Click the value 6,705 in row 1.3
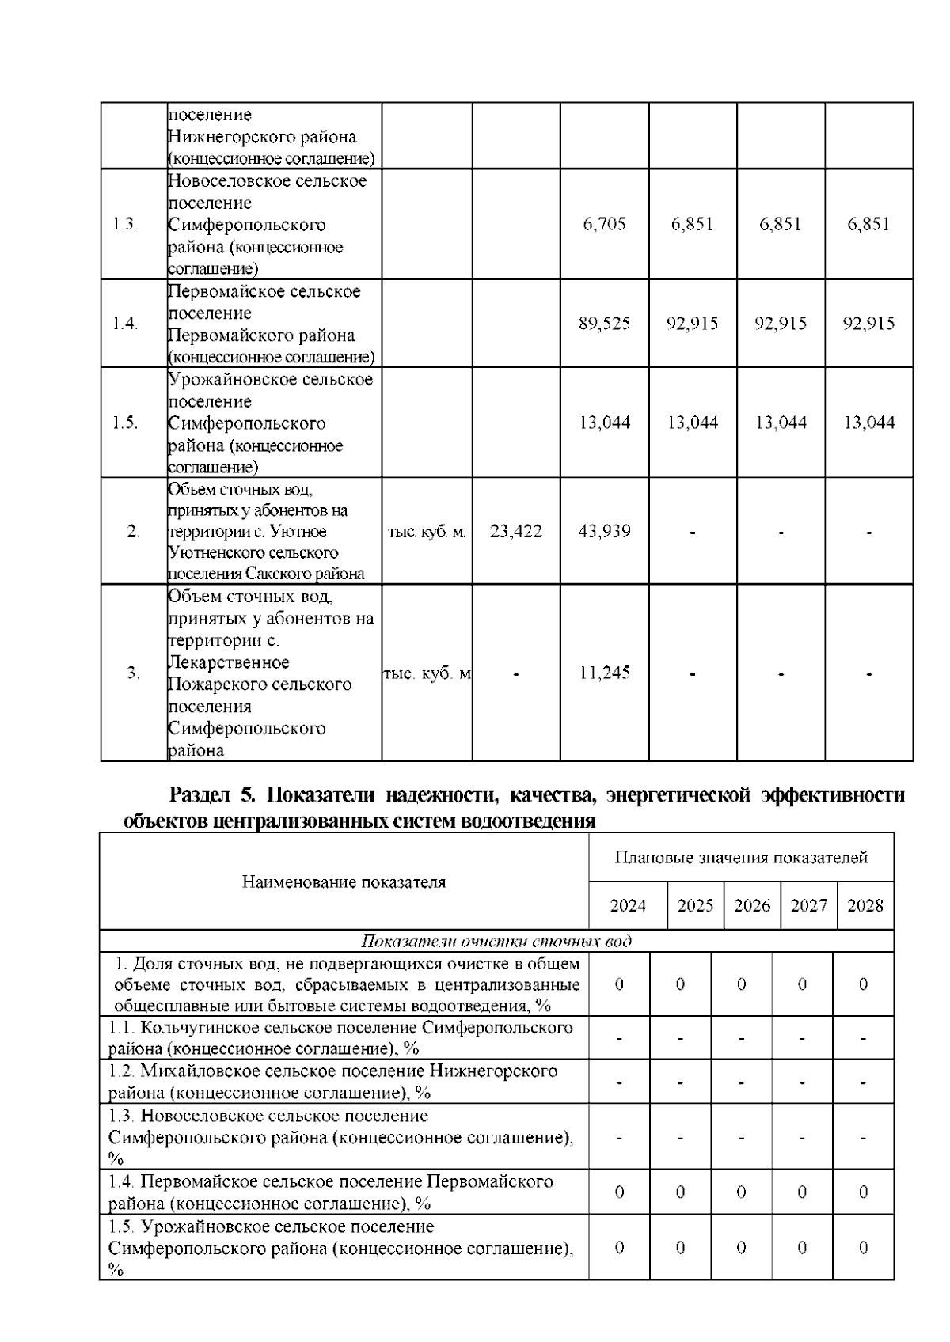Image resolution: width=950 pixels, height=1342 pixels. pyautogui.click(x=604, y=224)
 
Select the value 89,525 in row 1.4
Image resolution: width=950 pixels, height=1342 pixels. pyautogui.click(x=604, y=324)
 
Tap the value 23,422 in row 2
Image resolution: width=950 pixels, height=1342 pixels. pyautogui.click(x=516, y=531)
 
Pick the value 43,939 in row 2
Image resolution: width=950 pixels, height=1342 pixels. pyautogui.click(x=604, y=531)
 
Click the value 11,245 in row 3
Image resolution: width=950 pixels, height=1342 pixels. pyautogui.click(x=604, y=673)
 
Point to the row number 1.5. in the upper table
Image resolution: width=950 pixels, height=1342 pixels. pyautogui.click(x=125, y=423)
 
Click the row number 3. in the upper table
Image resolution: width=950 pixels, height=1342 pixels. pyautogui.click(x=133, y=673)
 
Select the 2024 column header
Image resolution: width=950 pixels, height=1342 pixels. pyautogui.click(x=628, y=906)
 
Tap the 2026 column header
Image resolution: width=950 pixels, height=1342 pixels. pyautogui.click(x=752, y=906)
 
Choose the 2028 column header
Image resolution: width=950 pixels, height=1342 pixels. pyautogui.click(x=864, y=906)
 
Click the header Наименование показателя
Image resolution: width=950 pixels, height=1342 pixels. pyautogui.click(x=344, y=881)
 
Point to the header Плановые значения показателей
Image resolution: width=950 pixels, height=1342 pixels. pyautogui.click(x=741, y=858)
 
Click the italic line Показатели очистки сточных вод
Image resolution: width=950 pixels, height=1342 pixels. pyautogui.click(x=496, y=942)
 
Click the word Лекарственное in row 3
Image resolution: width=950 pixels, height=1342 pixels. pyautogui.click(x=229, y=662)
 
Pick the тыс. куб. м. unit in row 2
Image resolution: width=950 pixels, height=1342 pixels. pyautogui.click(x=427, y=532)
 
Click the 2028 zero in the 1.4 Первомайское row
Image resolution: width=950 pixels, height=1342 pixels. pyautogui.click(x=863, y=1192)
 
